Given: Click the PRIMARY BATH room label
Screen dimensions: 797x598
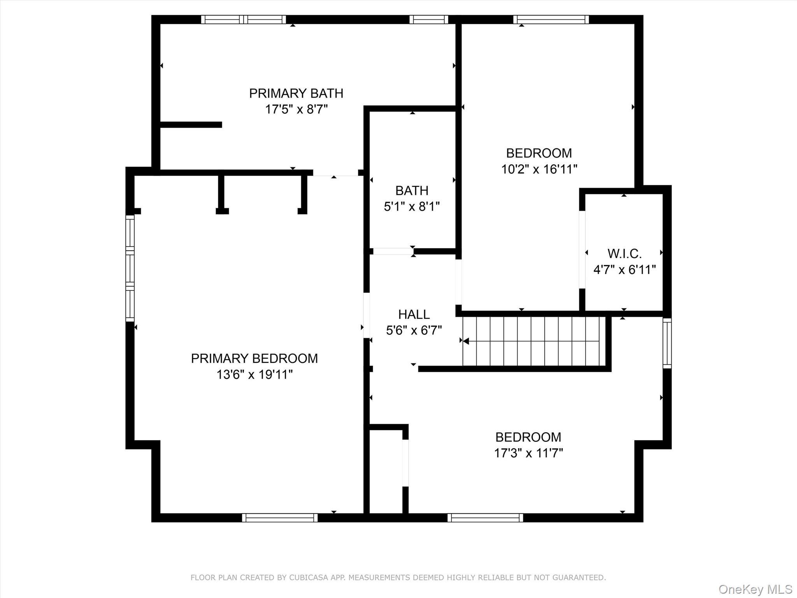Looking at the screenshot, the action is pos(296,93).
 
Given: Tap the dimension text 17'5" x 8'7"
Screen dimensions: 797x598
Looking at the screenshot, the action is pos(296,109).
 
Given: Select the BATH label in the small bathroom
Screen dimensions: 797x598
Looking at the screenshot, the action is pos(412,190).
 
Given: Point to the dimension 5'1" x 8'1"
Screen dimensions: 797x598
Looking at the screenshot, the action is pos(412,206).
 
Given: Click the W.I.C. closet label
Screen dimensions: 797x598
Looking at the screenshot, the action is pos(625,254).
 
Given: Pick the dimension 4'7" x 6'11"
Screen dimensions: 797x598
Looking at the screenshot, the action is pos(625,269).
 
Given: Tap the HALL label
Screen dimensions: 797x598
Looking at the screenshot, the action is pos(414,314).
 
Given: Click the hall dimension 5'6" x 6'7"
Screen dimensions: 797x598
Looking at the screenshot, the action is pos(414,330).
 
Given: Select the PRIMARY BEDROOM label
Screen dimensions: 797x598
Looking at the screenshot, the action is pos(254,358).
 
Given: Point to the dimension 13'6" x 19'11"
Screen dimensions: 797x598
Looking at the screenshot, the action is pos(254,375).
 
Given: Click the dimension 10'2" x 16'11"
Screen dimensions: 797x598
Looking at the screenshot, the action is pos(539,169).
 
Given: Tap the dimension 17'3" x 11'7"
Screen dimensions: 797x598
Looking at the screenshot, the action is pos(528,453).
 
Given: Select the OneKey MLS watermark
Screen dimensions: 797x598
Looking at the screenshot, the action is pos(755,589).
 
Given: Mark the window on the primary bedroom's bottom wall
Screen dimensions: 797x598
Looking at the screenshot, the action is pos(280,517).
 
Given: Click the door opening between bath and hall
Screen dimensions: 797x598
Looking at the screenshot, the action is pos(393,252).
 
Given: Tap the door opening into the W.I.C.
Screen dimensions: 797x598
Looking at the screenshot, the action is pos(582,250).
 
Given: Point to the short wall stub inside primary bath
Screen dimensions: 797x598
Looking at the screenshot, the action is pos(191,125).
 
